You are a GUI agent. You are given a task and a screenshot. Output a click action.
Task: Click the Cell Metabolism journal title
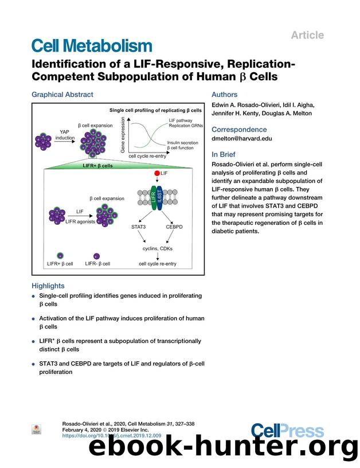click(x=92, y=46)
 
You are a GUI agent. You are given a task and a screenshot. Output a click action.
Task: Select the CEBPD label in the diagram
click(x=174, y=227)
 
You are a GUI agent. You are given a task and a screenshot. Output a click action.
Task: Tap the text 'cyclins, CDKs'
click(x=158, y=248)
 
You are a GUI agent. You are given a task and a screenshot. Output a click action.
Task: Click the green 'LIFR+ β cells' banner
click(x=106, y=166)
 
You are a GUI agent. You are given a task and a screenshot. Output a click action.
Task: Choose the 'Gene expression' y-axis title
click(x=123, y=132)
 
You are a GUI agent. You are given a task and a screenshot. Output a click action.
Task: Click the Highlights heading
click(x=48, y=286)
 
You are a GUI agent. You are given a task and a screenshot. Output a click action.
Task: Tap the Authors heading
click(x=226, y=95)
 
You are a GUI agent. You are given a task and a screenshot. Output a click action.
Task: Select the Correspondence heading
click(x=239, y=130)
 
